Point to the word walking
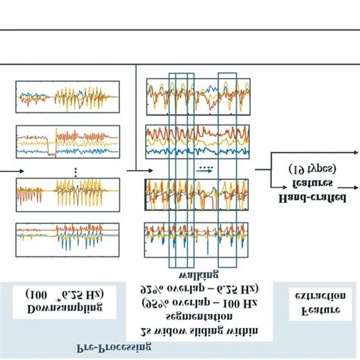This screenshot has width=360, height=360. [x=198, y=273]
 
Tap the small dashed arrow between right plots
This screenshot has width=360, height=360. [x=204, y=171]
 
